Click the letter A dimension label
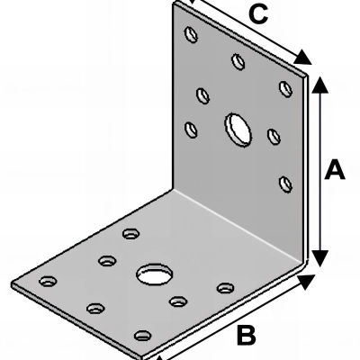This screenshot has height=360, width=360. pyautogui.click(x=335, y=170)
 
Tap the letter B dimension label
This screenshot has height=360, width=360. pyautogui.click(x=246, y=335)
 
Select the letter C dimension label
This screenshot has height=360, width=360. pyautogui.click(x=258, y=14)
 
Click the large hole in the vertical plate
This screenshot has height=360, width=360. pyautogui.click(x=238, y=130)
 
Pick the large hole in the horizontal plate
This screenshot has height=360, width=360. pyautogui.click(x=155, y=274)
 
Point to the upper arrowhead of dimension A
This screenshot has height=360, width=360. pyautogui.click(x=320, y=84)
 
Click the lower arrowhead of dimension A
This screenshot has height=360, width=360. pyautogui.click(x=320, y=258)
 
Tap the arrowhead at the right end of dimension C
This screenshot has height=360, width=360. pyautogui.click(x=303, y=57)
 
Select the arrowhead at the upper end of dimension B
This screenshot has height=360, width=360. pyautogui.click(x=305, y=282)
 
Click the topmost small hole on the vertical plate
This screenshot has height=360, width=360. pyautogui.click(x=191, y=34)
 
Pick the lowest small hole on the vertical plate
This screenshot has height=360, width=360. pyautogui.click(x=285, y=184)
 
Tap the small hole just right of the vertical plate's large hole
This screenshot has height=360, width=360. pyautogui.click(x=274, y=136)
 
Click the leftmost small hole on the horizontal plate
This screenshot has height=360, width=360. pyautogui.click(x=48, y=281)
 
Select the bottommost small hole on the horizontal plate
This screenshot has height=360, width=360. pyautogui.click(x=143, y=335)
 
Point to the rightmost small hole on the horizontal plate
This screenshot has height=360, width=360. pyautogui.click(x=226, y=288)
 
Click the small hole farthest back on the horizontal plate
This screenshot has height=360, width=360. pyautogui.click(x=130, y=233)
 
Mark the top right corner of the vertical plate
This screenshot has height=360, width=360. pyautogui.click(x=307, y=75)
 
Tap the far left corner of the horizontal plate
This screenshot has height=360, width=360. pyautogui.click(x=11, y=283)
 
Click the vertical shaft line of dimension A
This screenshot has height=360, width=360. pyautogui.click(x=320, y=171)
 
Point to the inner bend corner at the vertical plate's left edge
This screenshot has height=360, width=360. pyautogui.click(x=174, y=189)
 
